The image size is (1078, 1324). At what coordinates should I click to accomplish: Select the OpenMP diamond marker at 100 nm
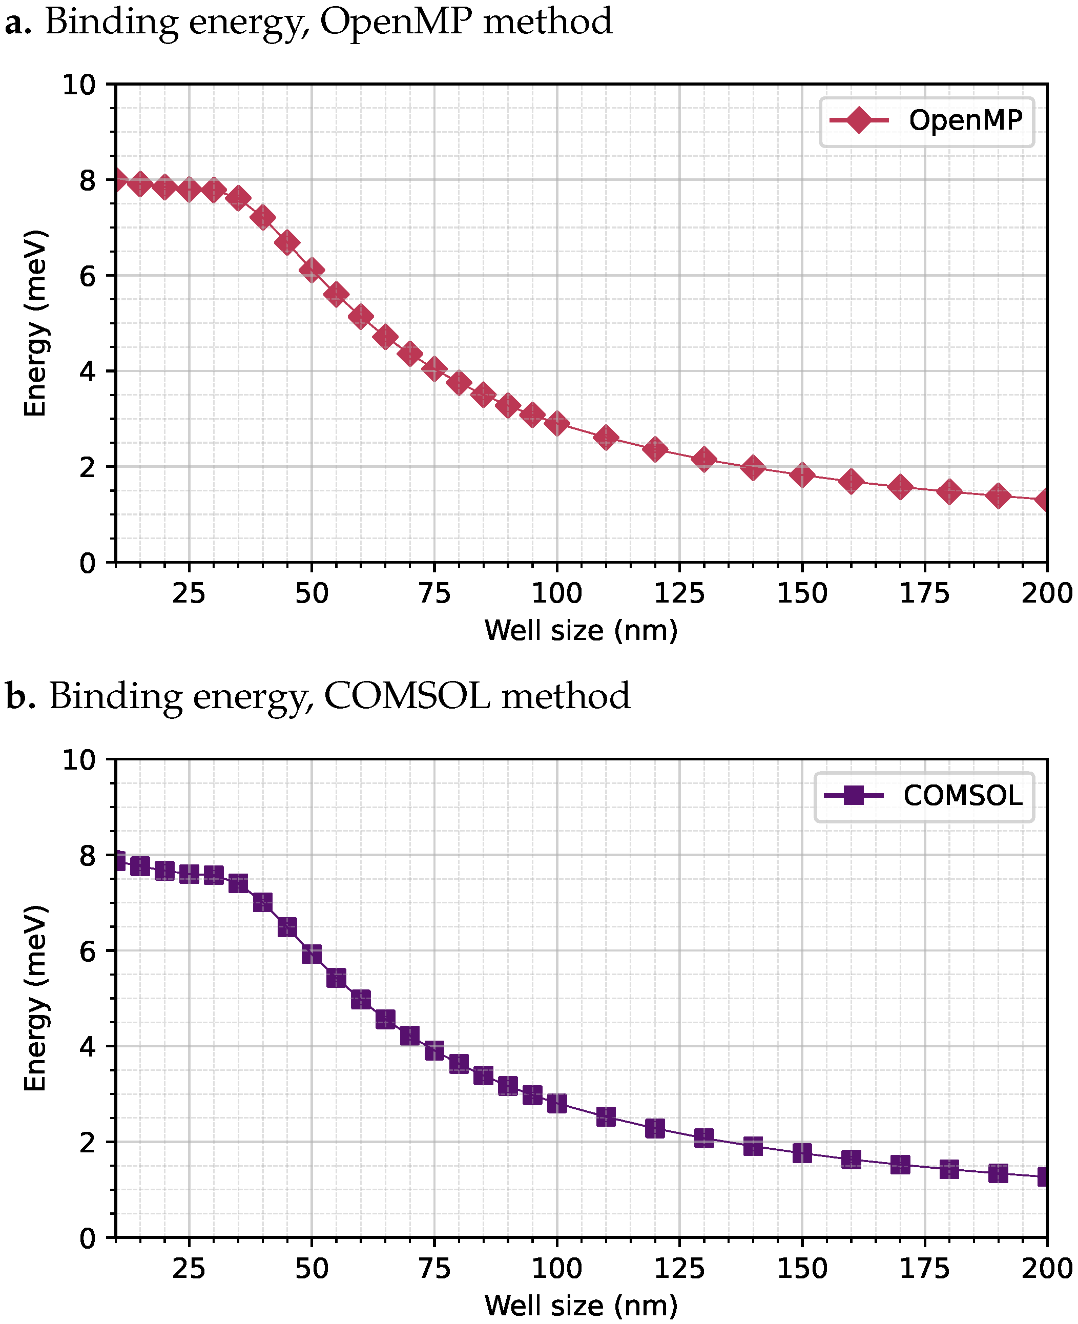[x=557, y=424]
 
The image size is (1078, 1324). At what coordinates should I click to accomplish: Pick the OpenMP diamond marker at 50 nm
[x=312, y=270]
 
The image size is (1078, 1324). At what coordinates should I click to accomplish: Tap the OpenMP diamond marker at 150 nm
[x=802, y=475]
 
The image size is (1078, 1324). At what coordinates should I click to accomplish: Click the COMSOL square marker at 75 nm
[x=434, y=1050]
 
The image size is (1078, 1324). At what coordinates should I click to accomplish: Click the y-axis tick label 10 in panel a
[x=79, y=85]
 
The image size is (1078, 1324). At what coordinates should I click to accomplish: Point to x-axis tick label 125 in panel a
[x=679, y=594]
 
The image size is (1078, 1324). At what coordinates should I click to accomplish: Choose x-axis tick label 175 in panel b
[x=925, y=1269]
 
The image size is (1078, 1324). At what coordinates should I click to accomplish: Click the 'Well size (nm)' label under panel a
[x=581, y=631]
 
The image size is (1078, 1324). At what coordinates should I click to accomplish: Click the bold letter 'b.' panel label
[x=20, y=696]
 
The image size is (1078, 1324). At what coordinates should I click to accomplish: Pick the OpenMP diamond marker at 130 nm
[x=704, y=460]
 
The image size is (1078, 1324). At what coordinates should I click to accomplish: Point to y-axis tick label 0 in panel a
[x=88, y=563]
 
